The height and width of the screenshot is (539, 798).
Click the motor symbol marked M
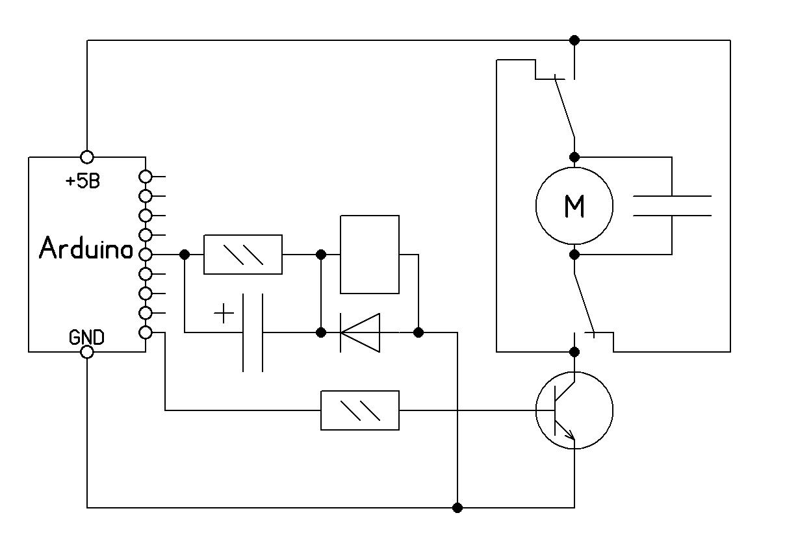pos(574,206)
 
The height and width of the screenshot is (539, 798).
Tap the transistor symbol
pos(574,410)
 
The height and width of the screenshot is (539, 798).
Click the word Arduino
pos(86,249)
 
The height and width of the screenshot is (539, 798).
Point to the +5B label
pos(83,181)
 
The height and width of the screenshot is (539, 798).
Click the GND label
pos(86,337)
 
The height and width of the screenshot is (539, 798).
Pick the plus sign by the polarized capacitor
pos(224,314)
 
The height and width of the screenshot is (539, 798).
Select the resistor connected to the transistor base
pos(360,410)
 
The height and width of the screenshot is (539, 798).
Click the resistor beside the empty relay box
pos(243,255)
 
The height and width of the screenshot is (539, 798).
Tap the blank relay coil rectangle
pos(370,255)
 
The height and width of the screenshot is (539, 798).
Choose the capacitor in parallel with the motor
pos(672,206)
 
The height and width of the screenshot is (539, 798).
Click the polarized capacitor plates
pos(253,332)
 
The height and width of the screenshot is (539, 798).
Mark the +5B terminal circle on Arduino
pos(86,157)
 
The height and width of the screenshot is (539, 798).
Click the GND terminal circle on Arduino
pos(86,352)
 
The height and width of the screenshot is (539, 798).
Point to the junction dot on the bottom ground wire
pos(457,507)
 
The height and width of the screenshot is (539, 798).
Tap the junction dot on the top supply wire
pos(574,40)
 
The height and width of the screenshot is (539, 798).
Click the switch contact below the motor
pos(584,302)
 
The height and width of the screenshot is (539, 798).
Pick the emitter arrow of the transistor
pos(569,437)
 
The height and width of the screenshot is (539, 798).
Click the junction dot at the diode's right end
pos(418,332)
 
